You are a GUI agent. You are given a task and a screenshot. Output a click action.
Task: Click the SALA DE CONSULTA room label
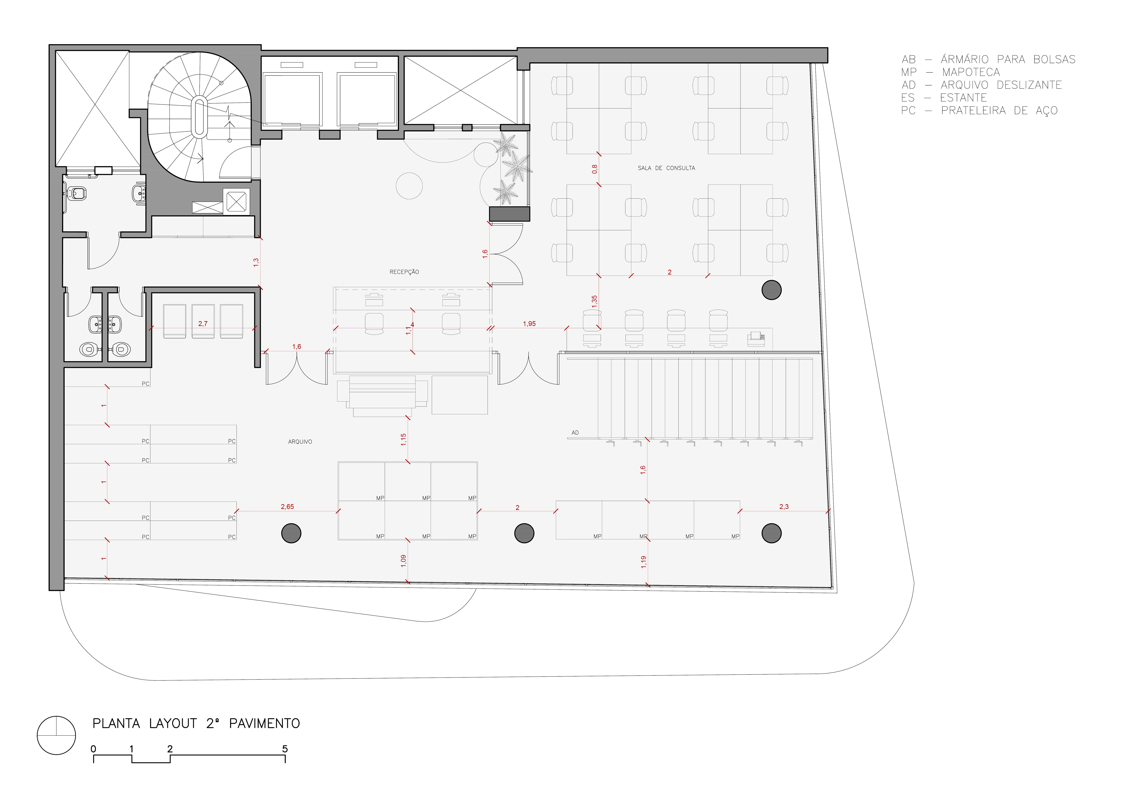[666, 168]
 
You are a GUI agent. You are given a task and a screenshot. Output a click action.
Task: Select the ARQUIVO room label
[300, 442]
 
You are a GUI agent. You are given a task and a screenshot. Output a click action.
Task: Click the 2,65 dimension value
[287, 507]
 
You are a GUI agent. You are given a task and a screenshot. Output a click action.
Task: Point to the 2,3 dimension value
[783, 507]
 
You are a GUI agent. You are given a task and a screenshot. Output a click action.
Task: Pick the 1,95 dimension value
[529, 324]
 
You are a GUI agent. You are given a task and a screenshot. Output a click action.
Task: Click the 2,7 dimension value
[203, 324]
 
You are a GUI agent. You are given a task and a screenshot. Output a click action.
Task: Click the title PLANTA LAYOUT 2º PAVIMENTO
[196, 724]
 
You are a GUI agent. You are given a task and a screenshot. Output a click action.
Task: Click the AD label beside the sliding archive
[575, 433]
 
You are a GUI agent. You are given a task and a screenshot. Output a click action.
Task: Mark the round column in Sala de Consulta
[771, 290]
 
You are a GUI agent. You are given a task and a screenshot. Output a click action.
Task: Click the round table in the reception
[409, 186]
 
